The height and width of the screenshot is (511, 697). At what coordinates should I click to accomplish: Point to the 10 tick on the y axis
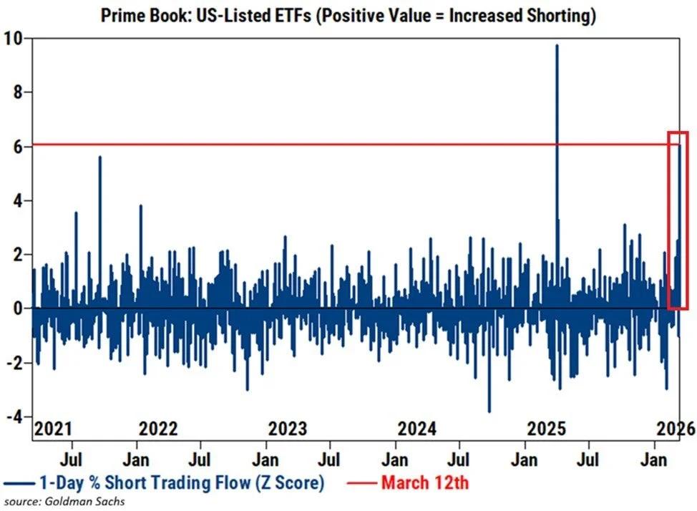pos(12,38)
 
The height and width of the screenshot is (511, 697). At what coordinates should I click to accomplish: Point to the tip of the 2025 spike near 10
pos(557,45)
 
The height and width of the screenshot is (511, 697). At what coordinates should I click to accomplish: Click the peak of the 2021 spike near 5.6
pos(99,157)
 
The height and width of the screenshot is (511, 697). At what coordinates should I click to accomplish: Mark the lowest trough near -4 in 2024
pos(489,412)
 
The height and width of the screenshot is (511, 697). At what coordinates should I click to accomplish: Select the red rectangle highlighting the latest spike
pos(678,220)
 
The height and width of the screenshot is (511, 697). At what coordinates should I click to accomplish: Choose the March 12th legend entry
pos(424,482)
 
